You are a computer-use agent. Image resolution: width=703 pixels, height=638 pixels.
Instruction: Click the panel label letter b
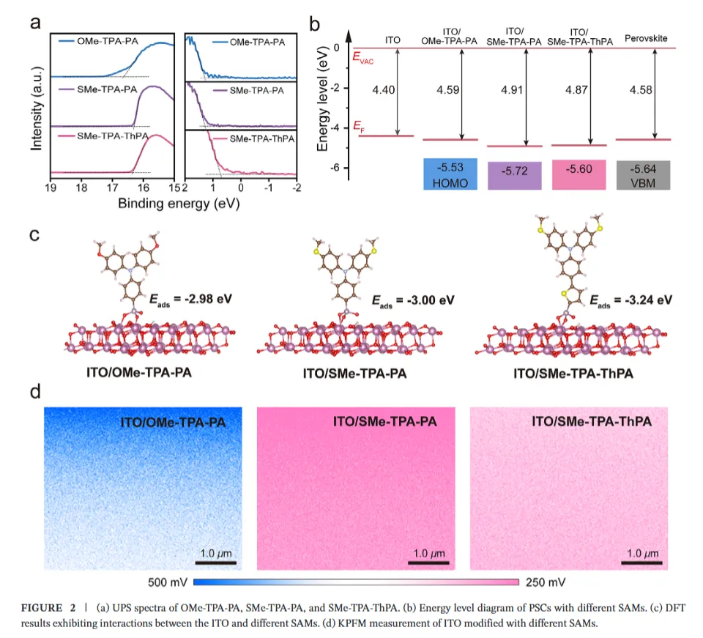(x=316, y=23)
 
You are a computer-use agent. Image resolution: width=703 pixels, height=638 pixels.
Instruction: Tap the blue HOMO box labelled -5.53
(x=450, y=174)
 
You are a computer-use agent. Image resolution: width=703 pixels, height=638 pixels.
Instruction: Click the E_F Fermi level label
(x=359, y=125)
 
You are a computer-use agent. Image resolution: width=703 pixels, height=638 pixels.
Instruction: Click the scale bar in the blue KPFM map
(x=215, y=563)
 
